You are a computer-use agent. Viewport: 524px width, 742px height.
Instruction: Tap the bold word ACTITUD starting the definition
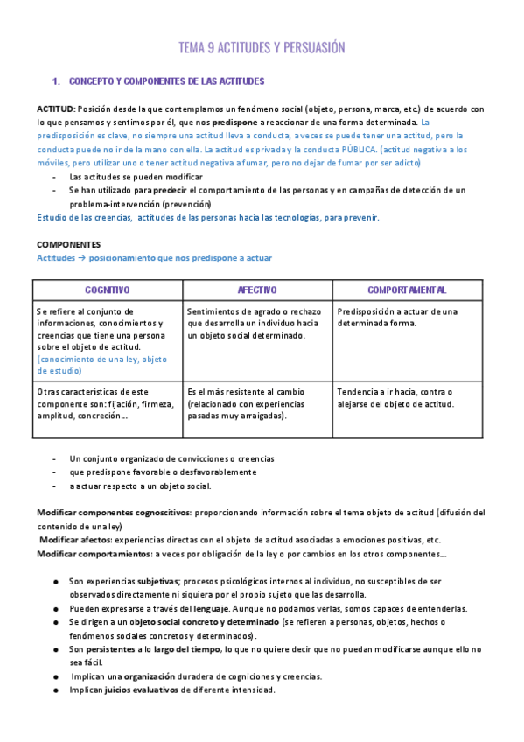coord(55,109)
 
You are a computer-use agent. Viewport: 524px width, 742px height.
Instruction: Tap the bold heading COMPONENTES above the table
coord(68,244)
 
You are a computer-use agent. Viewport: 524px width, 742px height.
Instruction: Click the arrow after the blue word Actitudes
coord(81,258)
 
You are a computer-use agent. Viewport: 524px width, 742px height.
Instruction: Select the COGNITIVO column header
coord(108,290)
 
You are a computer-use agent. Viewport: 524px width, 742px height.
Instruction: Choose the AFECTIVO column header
coord(257,290)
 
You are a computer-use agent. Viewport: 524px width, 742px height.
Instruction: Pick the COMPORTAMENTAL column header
coord(407,290)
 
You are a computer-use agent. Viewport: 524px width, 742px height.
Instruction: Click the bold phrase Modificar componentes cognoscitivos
coord(113,513)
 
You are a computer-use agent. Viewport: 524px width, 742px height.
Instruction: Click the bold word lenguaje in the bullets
coord(213,608)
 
